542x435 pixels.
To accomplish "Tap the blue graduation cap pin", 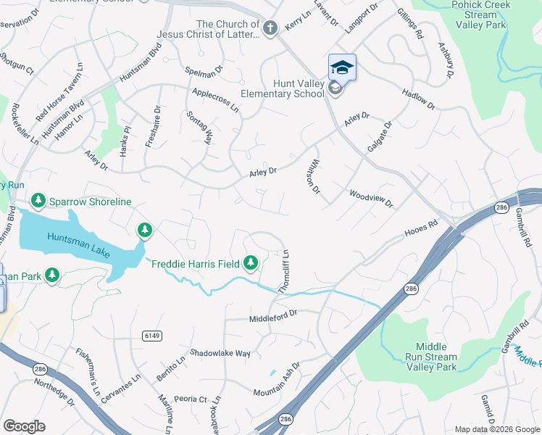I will pos(342,67).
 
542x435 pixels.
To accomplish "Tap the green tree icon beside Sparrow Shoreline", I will pos(38,200).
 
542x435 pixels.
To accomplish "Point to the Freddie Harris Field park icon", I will pos(251,262).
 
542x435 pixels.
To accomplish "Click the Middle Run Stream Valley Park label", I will pos(436,357).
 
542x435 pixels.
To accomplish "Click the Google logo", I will pos(24,426).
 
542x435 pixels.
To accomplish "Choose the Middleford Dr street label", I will pos(273,316).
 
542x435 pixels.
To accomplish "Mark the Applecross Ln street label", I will pos(215,100).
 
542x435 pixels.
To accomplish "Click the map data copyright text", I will pos(496,429).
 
